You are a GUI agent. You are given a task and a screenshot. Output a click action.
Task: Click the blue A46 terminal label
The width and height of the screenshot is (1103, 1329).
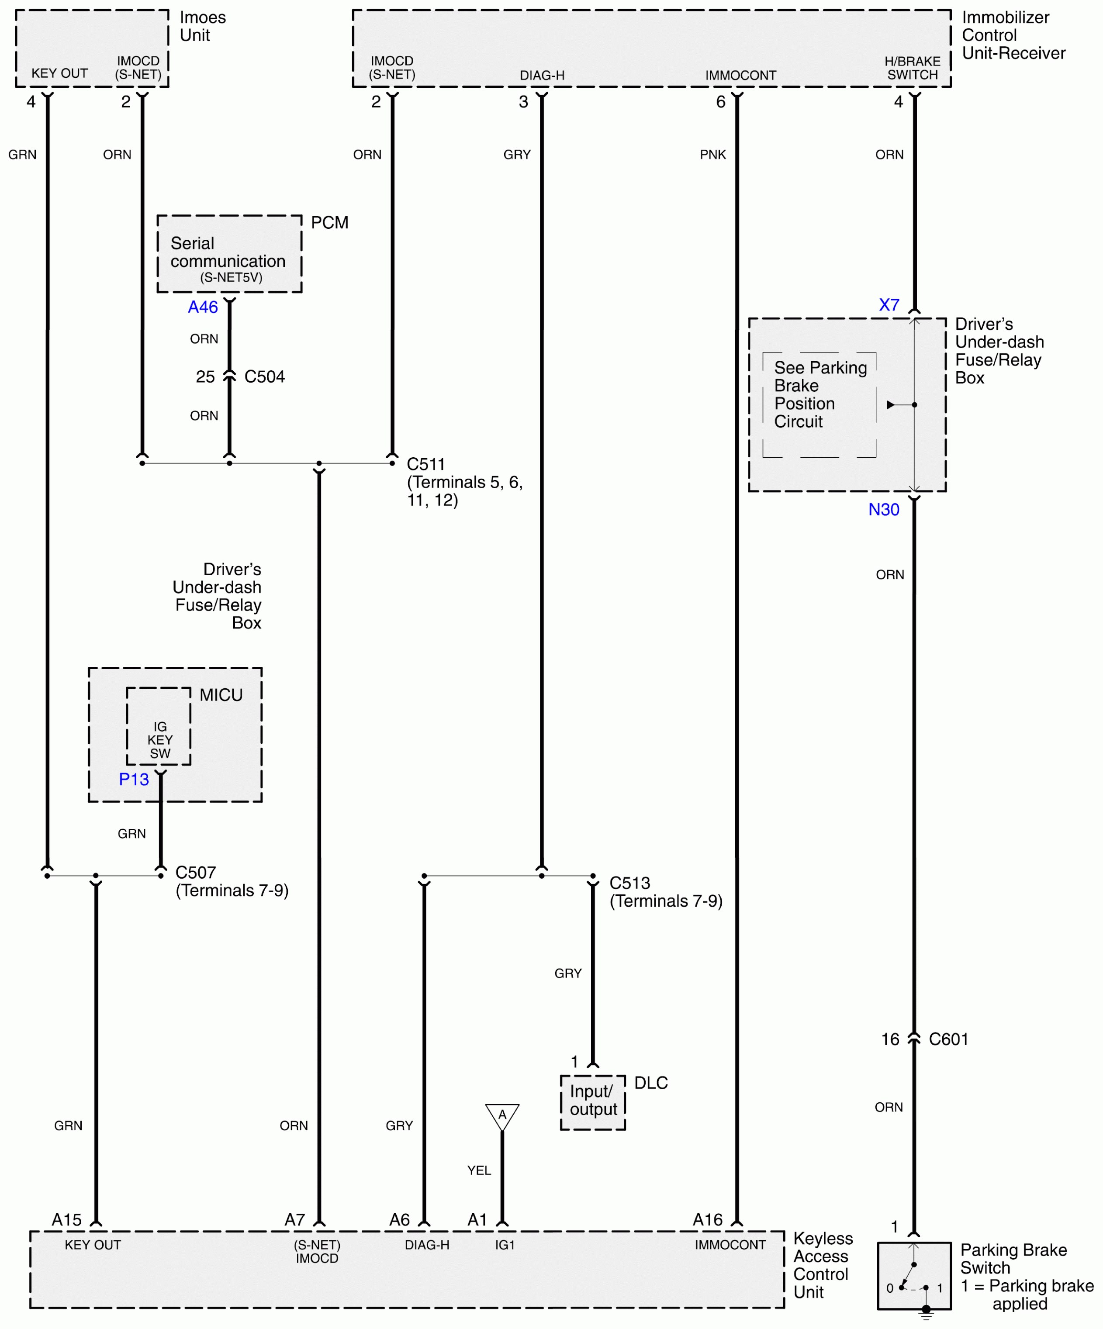pos(203,307)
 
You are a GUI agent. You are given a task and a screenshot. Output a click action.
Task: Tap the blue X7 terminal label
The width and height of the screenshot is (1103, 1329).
pos(889,305)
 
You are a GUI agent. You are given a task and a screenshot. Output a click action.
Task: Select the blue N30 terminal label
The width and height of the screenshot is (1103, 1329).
pos(883,509)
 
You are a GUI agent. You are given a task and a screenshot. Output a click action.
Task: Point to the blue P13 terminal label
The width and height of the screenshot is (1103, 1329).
pos(134,779)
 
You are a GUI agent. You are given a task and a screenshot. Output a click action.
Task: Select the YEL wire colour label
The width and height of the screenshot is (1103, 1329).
pos(479,1171)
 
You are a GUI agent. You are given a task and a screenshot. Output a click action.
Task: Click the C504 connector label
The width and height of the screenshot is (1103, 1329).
pos(265,377)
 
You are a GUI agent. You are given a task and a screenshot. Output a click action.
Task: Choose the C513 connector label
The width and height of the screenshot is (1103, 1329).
pos(629,884)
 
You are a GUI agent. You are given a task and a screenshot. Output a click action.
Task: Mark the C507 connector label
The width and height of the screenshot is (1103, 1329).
pos(196,873)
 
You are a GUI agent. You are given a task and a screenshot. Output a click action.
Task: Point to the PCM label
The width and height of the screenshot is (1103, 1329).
pos(329,223)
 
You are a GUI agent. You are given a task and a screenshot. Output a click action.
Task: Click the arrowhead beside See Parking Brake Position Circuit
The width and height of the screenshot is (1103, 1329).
pos(890,405)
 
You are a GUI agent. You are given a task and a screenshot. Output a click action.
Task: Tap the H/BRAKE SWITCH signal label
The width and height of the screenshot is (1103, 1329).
pos(912,68)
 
